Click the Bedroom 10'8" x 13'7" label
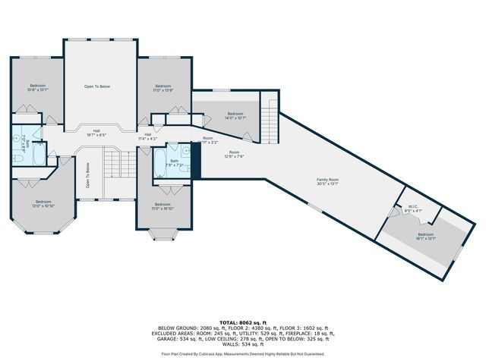point(38,87)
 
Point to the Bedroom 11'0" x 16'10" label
point(163,206)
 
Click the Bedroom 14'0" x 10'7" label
point(235,116)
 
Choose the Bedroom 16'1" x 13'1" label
point(425,237)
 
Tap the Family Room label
point(327,181)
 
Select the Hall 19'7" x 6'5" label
point(97,133)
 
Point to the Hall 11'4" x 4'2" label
point(147,136)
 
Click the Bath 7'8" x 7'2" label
point(175,162)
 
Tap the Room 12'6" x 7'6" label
point(234,155)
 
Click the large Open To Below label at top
point(97,87)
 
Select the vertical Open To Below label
point(88,178)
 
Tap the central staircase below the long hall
point(113,162)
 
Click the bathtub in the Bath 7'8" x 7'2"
point(159,162)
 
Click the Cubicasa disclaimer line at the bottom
point(242,353)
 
